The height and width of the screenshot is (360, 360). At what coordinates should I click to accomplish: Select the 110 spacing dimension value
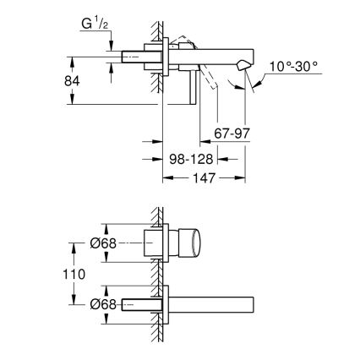[75, 274]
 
